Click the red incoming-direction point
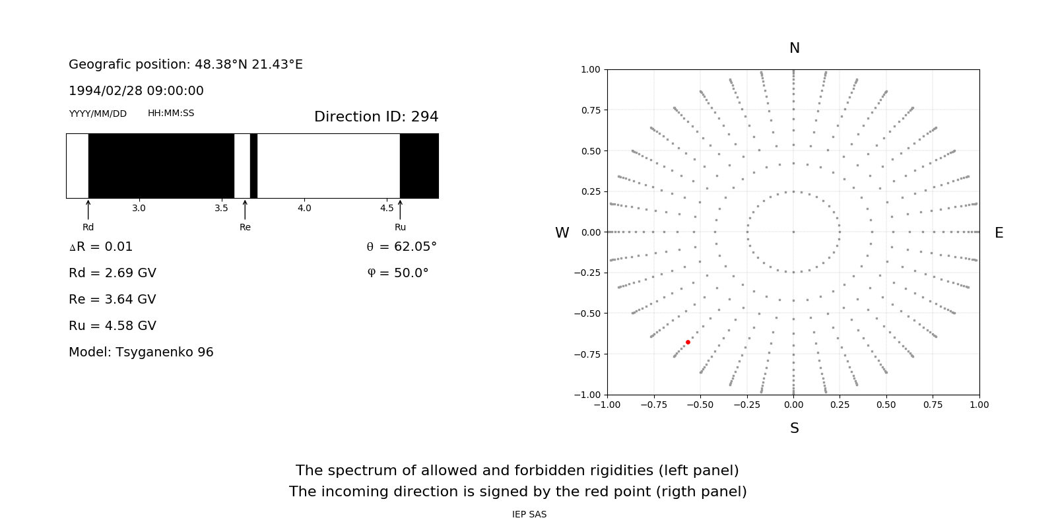tap(688, 342)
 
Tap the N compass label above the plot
tap(794, 48)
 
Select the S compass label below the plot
tap(794, 428)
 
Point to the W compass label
tap(562, 233)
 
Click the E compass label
tap(999, 233)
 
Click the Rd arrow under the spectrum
tap(88, 209)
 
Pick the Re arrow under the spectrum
tap(245, 209)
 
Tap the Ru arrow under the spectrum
tap(400, 209)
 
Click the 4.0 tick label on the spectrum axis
tap(304, 208)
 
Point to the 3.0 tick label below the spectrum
tap(139, 208)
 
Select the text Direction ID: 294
tap(376, 117)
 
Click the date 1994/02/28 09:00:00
tap(136, 91)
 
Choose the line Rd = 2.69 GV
tap(112, 273)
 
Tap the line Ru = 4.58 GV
tap(112, 326)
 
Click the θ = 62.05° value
tap(401, 247)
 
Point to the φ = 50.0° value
tap(398, 273)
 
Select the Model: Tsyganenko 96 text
tap(141, 352)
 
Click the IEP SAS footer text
tap(529, 514)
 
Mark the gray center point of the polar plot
tap(793, 232)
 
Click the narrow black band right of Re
tap(253, 166)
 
